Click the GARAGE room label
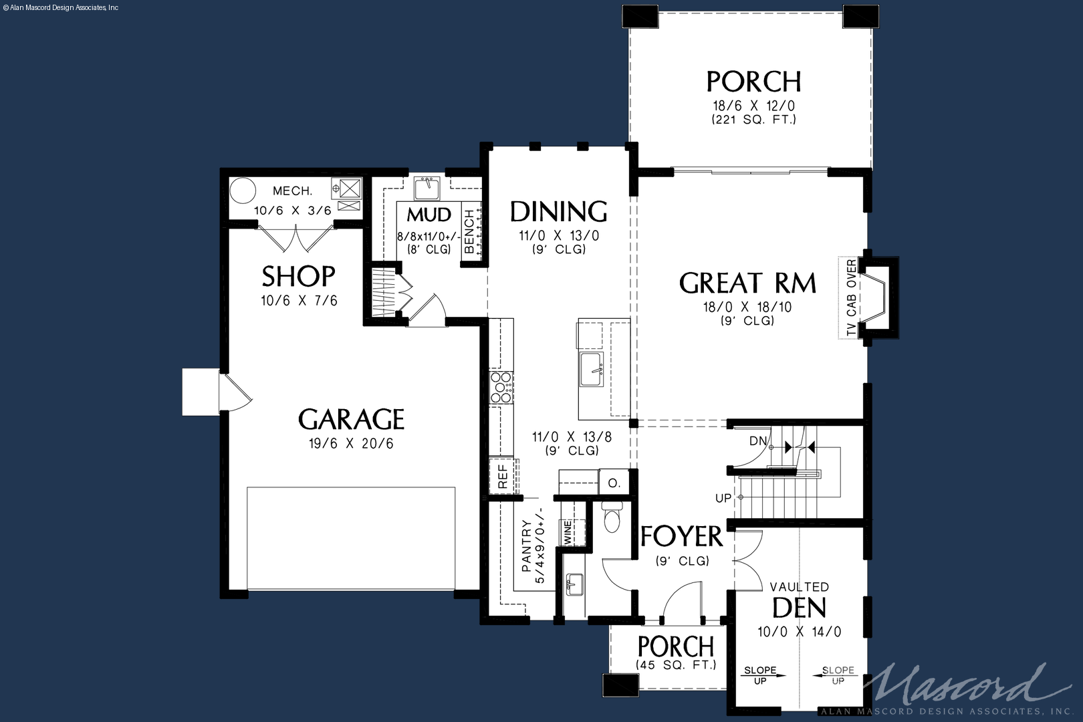(351, 419)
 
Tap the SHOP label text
(298, 276)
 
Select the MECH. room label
(293, 191)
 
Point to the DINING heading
(558, 211)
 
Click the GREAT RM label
(747, 283)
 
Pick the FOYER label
(682, 536)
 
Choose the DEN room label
(799, 608)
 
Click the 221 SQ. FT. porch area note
(753, 120)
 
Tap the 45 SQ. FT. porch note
(676, 665)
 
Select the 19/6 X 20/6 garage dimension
(351, 443)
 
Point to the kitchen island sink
(592, 370)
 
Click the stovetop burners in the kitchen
(501, 387)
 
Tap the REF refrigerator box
(503, 476)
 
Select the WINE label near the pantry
(568, 532)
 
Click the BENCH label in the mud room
(469, 231)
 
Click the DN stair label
(757, 441)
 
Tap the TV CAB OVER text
(852, 297)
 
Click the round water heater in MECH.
(242, 191)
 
